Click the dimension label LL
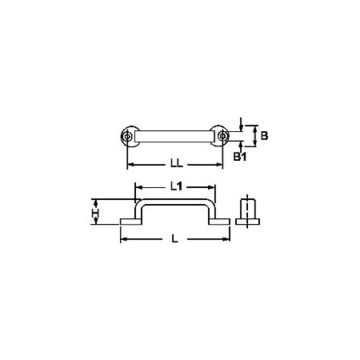(x=177, y=163)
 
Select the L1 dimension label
(x=176, y=186)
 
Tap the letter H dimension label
(x=95, y=214)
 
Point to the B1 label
(x=240, y=157)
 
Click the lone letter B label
(x=264, y=136)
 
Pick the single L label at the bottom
(x=174, y=239)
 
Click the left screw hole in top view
(x=127, y=136)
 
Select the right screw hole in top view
(x=222, y=136)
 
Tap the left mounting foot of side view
(x=130, y=222)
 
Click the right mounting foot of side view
(x=219, y=222)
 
